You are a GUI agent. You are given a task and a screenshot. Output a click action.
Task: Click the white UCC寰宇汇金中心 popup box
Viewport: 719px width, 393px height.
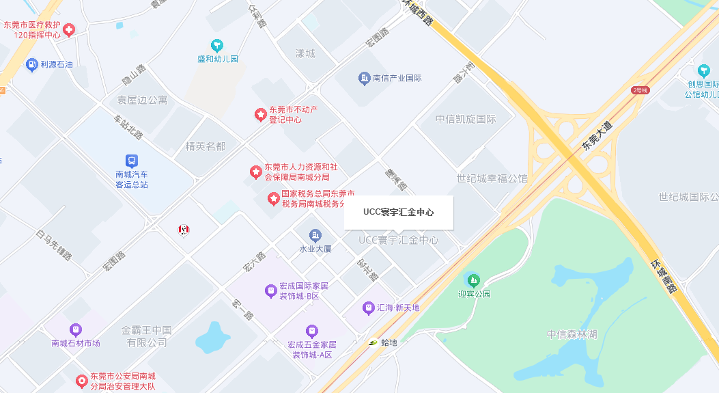click(x=399, y=213)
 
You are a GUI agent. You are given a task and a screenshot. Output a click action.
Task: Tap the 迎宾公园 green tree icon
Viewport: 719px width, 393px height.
click(x=473, y=280)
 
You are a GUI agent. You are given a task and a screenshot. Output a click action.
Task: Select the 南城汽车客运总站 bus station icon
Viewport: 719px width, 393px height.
click(x=132, y=161)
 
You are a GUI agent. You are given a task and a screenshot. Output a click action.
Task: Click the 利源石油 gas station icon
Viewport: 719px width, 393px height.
click(x=31, y=65)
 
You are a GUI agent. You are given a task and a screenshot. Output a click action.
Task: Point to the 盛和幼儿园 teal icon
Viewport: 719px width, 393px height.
click(x=217, y=46)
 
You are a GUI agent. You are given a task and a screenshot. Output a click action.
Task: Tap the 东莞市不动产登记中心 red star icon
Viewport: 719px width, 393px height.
click(x=260, y=114)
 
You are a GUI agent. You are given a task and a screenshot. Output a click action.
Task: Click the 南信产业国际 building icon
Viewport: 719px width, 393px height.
click(x=364, y=78)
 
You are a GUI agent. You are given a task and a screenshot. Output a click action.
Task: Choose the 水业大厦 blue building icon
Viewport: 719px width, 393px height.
click(x=315, y=235)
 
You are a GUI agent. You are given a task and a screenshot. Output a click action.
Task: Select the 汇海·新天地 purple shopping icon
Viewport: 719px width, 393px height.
click(x=369, y=308)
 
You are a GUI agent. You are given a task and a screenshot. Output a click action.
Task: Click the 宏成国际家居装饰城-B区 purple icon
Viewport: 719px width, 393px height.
click(x=271, y=291)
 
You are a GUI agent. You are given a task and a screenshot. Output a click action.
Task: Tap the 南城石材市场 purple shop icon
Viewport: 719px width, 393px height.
click(x=75, y=329)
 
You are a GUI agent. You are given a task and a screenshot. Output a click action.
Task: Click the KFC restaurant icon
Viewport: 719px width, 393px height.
click(x=184, y=230)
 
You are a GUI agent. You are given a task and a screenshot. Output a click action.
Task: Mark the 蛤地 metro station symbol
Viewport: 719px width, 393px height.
click(x=373, y=342)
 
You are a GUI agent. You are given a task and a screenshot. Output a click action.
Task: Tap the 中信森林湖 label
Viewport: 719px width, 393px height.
click(x=572, y=335)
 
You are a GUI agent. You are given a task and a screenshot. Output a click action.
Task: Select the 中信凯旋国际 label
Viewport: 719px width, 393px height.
click(x=466, y=119)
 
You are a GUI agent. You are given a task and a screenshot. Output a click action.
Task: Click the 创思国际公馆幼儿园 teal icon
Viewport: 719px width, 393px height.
click(x=704, y=70)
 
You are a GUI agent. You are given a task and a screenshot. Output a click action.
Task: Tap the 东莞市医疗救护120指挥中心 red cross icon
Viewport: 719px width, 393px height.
click(x=69, y=29)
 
